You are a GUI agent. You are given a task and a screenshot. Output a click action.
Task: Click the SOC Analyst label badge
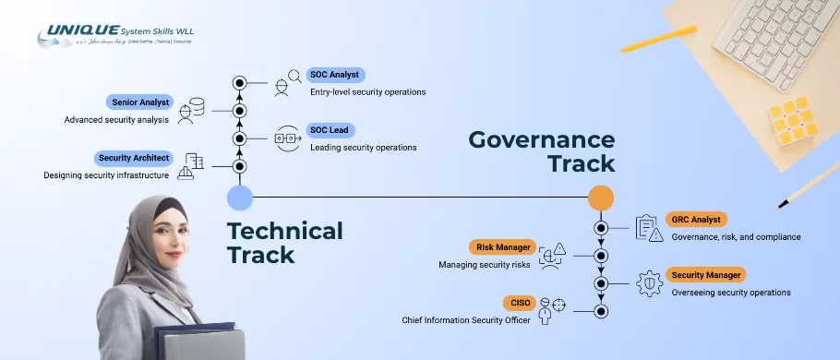tap(336, 75)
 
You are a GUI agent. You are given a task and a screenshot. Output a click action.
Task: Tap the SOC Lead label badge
tap(330, 130)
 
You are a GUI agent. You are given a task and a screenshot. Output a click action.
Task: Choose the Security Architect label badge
tap(135, 158)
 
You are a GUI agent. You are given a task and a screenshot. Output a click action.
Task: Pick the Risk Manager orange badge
tap(502, 247)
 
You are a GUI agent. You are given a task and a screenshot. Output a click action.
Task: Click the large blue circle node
tap(239, 198)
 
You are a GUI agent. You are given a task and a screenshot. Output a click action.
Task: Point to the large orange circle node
tap(601, 198)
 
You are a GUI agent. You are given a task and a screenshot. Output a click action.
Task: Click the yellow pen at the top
tap(657, 38)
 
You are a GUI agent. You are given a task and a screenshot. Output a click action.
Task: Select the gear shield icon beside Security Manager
tap(649, 282)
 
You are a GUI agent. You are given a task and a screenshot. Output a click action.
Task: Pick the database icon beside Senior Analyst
tap(194, 109)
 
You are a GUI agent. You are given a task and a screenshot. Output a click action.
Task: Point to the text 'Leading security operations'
tap(363, 148)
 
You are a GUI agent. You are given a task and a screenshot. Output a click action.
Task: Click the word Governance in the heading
tap(541, 139)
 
